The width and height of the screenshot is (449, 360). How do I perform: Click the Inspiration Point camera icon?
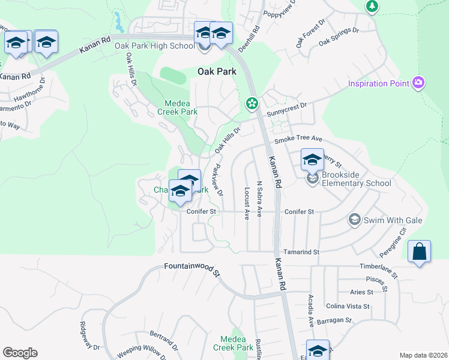pos(418,83)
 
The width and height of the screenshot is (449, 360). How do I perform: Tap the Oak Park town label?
pos(217,71)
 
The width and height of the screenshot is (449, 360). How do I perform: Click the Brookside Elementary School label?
pos(357,179)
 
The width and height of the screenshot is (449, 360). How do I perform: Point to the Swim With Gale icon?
pos(354,220)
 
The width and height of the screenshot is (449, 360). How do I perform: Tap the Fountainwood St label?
pos(192,269)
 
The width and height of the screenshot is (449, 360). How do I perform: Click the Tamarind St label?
pos(301,253)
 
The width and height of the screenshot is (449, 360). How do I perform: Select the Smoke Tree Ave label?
pos(298,139)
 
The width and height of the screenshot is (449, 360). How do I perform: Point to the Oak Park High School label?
pos(154,46)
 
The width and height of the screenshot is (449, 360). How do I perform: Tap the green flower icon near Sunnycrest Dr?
pos(252,104)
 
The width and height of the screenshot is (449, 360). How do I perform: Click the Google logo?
pos(20,353)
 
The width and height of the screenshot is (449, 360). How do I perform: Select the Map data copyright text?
pos(423,355)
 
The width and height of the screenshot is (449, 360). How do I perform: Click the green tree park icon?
pos(372,6)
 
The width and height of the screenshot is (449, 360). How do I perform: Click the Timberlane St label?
pos(379,269)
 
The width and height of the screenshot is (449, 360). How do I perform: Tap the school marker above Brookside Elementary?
pos(312,160)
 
